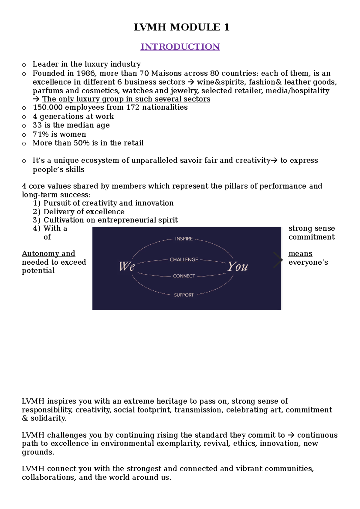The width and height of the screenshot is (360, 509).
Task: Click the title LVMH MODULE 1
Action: [x=181, y=27]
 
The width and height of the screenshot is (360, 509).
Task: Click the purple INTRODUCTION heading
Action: [x=180, y=47]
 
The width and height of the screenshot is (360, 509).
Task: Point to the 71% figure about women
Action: [x=41, y=134]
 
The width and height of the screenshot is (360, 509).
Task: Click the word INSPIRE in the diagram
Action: [x=184, y=239]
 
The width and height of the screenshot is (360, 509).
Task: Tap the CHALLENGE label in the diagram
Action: [x=184, y=260]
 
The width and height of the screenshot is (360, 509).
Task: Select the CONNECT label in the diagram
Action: [x=184, y=276]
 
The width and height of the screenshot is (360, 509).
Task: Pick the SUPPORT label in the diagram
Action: [x=184, y=295]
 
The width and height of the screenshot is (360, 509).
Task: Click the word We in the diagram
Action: [x=127, y=266]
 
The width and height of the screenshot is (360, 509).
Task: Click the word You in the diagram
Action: [x=238, y=266]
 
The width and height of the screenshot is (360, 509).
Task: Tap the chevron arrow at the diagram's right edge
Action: [x=278, y=260]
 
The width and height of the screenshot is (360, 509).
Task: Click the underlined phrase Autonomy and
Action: [x=49, y=254]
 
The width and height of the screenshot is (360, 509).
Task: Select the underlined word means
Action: [x=300, y=254]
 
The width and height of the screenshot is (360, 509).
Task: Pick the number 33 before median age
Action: [x=37, y=125]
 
